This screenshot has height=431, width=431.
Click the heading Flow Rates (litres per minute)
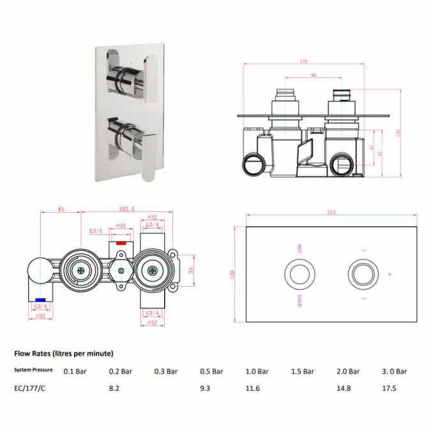[x=63, y=353]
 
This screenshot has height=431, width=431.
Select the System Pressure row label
[x=34, y=370]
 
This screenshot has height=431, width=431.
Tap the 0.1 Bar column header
[x=75, y=370]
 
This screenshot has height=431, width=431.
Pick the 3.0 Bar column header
[x=394, y=370]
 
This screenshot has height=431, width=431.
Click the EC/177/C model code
[x=29, y=387]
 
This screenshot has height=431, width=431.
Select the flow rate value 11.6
[x=253, y=387]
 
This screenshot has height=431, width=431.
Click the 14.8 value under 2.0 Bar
[x=344, y=387]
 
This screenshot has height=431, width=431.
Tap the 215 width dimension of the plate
[x=331, y=212]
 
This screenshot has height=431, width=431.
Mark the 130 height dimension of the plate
[x=233, y=273]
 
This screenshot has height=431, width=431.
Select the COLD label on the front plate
[x=299, y=301]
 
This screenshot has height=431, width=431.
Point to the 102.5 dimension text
[x=128, y=208]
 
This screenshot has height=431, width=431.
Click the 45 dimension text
[x=61, y=208]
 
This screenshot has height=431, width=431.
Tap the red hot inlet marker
[x=119, y=244]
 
